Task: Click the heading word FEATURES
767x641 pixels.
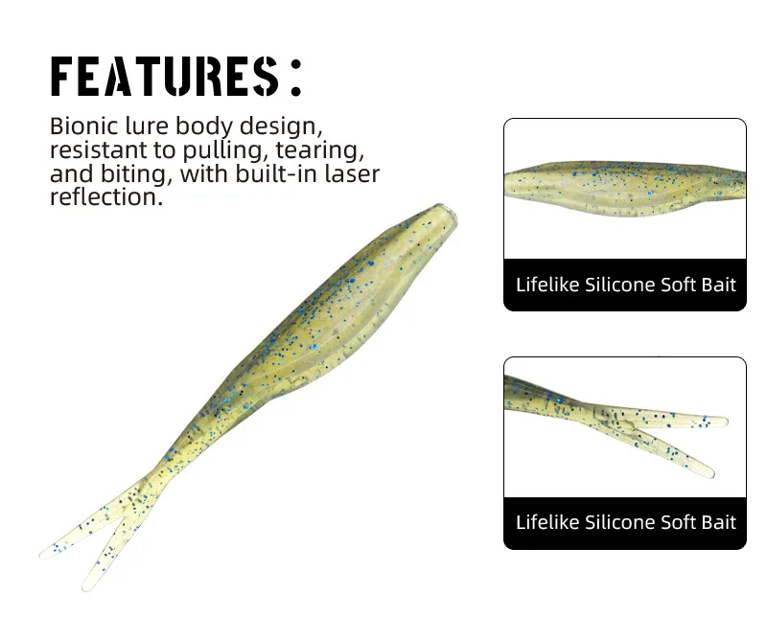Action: point(165,77)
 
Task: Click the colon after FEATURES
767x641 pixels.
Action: point(296,78)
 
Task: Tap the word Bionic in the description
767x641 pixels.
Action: point(84,126)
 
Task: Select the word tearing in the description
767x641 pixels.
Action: point(320,150)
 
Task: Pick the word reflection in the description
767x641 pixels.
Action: point(106,197)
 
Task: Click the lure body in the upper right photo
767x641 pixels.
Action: point(625,188)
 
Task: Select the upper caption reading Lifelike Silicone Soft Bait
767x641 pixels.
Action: point(626,285)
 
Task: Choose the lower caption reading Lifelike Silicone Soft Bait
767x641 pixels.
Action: point(626,522)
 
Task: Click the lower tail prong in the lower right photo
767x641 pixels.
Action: point(675,452)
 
